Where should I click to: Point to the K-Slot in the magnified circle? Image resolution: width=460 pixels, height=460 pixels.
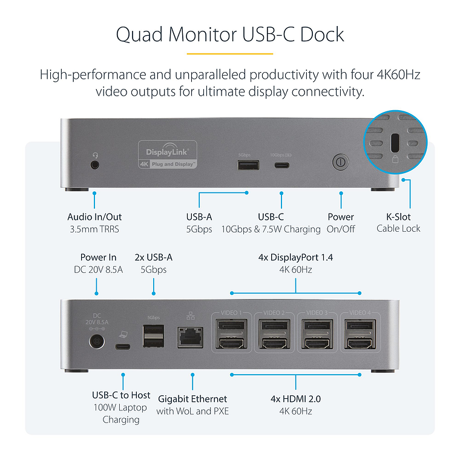click(395, 143)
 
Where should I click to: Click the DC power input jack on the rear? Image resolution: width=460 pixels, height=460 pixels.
click(96, 343)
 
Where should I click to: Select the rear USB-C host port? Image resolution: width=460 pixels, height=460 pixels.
click(122, 347)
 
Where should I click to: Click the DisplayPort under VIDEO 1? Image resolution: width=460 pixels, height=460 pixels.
click(231, 327)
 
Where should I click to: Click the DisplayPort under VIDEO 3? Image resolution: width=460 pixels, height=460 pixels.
click(317, 327)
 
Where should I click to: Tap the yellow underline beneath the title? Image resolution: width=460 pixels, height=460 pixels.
click(229, 53)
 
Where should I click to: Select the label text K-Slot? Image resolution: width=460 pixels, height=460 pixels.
click(398, 217)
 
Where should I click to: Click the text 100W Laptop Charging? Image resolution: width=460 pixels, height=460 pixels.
click(121, 413)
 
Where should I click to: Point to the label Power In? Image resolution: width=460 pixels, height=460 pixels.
click(98, 257)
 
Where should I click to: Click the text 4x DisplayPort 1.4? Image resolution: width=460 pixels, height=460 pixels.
click(295, 257)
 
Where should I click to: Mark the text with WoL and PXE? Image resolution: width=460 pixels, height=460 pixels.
click(192, 412)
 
